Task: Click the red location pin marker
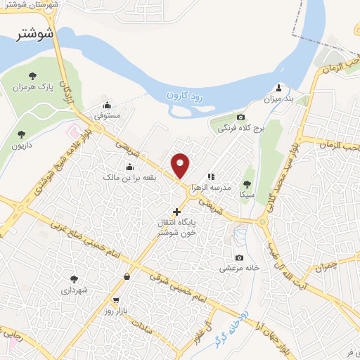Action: click(181, 166)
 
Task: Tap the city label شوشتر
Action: click(34, 32)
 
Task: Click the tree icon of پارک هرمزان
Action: click(32, 76)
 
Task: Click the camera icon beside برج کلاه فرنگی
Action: click(241, 117)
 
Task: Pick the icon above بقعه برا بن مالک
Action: click(129, 167)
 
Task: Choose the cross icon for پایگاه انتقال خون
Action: click(176, 211)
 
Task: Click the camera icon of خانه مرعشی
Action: click(240, 257)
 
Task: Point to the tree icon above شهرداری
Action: click(74, 278)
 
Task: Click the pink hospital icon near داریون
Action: click(72, 130)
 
